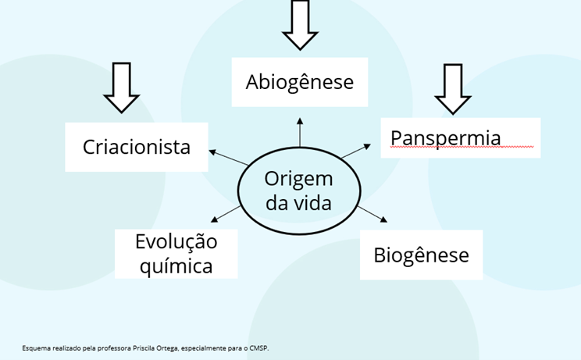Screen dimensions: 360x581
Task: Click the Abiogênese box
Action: tap(299, 81)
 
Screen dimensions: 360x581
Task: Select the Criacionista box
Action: tap(136, 146)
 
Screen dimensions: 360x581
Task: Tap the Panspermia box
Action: tap(461, 137)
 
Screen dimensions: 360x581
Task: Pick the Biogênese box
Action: tap(420, 255)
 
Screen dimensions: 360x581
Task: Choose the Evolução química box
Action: tap(175, 253)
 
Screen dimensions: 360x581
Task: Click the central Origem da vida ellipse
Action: tap(298, 190)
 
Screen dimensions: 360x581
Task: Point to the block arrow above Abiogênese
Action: tap(300, 23)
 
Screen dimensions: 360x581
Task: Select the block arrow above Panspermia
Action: tap(454, 87)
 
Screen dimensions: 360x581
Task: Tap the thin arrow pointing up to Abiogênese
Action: tap(299, 131)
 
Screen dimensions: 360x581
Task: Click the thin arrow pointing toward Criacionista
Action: tap(230, 157)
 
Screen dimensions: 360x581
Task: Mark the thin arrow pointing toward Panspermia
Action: tap(358, 151)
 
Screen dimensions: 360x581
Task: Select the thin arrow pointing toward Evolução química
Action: tap(226, 213)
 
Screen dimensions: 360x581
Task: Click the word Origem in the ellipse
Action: tap(298, 178)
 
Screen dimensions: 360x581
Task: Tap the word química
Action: tap(175, 266)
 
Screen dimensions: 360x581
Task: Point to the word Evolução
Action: tap(176, 241)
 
